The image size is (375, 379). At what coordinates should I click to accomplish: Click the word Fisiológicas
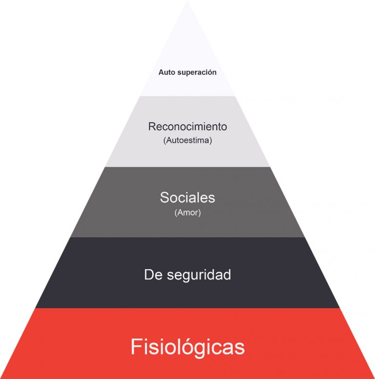coord(187,347)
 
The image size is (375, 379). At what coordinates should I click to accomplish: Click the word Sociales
coord(187,198)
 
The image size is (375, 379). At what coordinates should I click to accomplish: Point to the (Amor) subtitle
coord(187,213)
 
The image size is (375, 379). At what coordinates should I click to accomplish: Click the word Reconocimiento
coord(187,127)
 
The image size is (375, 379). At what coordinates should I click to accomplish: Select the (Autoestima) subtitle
coord(187,141)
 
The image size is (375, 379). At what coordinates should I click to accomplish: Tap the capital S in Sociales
coord(165,198)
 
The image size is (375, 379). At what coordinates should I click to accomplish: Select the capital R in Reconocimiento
coord(152,127)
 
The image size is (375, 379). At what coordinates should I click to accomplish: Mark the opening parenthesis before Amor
coord(175,213)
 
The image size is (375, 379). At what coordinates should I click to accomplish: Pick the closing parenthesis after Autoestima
coord(211,141)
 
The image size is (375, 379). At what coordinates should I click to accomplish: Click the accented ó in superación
coord(208,72)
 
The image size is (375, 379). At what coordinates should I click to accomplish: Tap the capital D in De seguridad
coord(149,274)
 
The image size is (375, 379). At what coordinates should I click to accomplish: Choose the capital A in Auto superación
coord(161,72)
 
